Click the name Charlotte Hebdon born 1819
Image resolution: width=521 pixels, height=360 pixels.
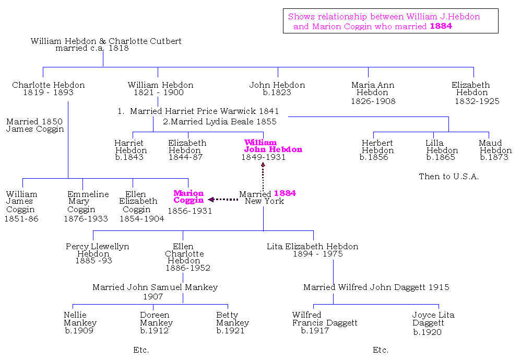point(48,85)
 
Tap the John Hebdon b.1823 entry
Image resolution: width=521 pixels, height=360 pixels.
point(277,89)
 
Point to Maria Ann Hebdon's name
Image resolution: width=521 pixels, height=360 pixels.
point(373,89)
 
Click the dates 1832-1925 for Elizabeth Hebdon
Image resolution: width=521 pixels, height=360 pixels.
point(477,101)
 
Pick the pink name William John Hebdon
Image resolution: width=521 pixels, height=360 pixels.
point(273,146)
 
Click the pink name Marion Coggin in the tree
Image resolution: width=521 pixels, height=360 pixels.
point(188,196)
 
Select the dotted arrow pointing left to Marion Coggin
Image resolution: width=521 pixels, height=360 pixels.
point(223,199)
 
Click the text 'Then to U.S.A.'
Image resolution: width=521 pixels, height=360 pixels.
point(448,177)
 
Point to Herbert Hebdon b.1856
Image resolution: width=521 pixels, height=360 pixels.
point(377,150)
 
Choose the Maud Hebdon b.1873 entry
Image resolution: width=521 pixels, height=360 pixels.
point(495,150)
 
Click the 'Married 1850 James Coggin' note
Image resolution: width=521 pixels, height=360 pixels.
point(35,125)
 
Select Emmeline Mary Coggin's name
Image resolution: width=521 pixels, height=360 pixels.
point(88,202)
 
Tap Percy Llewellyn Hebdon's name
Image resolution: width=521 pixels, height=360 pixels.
point(97,250)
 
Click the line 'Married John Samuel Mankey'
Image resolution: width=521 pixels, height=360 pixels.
point(155,287)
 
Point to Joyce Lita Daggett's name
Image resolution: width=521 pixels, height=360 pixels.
point(433,319)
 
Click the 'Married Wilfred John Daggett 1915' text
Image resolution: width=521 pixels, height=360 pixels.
point(376,287)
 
